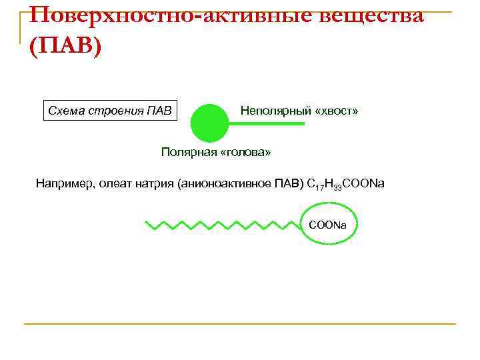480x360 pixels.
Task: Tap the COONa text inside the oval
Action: (327, 225)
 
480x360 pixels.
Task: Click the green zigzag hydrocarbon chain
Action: (220, 225)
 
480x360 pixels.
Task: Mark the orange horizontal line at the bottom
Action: (240, 324)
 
